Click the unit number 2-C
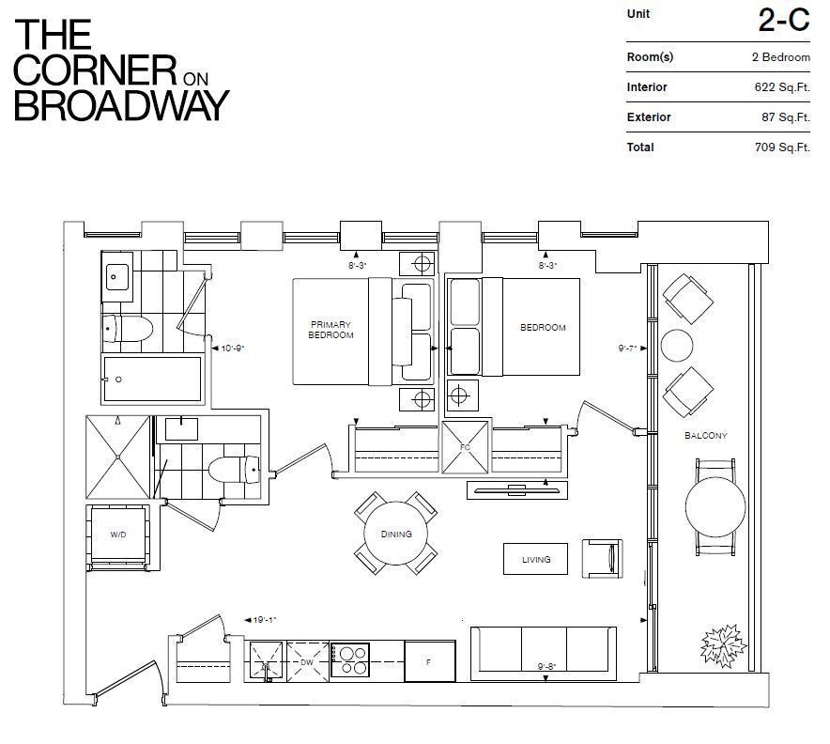784,21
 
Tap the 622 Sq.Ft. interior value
782,86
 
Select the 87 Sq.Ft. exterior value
786,117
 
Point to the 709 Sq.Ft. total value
782,147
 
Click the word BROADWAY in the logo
122,105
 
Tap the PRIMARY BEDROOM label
330,330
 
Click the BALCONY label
706,435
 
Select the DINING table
396,534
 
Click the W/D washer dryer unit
118,535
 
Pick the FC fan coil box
465,447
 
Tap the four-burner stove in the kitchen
349,660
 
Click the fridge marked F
429,661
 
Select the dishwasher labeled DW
307,661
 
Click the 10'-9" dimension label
232,349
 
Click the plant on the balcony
723,645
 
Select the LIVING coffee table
535,559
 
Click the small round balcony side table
677,346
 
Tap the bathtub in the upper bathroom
152,380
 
